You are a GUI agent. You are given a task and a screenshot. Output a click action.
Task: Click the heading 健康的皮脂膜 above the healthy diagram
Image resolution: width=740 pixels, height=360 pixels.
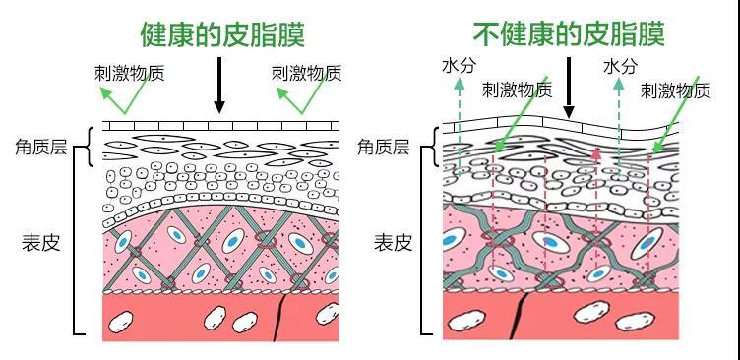click(x=222, y=34)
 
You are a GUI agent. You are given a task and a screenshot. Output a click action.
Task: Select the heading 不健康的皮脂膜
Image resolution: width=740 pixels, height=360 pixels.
click(x=569, y=34)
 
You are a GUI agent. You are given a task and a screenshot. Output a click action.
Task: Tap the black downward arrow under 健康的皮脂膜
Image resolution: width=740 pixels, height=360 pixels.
click(x=219, y=86)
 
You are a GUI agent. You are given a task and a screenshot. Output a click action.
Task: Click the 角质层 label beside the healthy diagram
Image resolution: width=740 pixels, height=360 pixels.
click(x=40, y=148)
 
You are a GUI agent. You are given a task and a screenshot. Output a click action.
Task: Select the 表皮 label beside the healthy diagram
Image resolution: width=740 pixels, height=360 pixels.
click(x=40, y=242)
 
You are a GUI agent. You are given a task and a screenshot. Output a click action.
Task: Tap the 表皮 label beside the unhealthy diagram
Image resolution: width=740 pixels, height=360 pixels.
click(x=393, y=242)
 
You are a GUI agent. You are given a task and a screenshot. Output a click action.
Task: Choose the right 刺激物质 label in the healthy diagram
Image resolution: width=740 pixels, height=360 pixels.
click(x=306, y=73)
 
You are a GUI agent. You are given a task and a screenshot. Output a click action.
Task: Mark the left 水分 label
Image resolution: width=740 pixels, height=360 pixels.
click(x=458, y=66)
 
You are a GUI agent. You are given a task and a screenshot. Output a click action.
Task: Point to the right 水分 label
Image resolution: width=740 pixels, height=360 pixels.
click(x=620, y=66)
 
